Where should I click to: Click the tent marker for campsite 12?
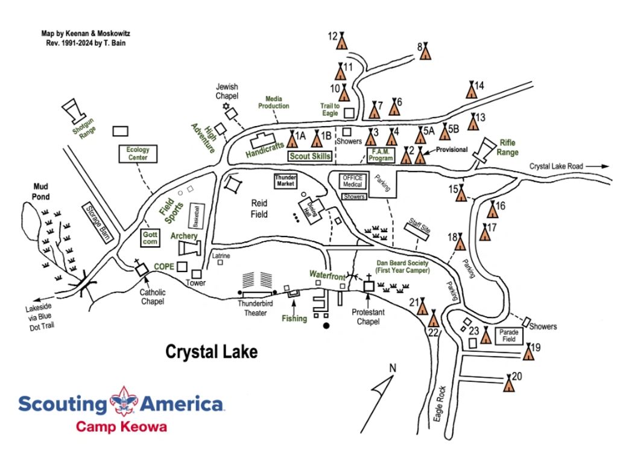click(342, 40)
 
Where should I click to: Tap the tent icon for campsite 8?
click(425, 51)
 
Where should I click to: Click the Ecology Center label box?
click(138, 153)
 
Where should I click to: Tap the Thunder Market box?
click(286, 181)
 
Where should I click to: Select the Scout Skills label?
click(310, 156)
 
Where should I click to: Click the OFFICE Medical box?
click(353, 181)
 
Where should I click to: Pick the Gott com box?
click(150, 238)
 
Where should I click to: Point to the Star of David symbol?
click(226, 106)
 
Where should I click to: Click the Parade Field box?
click(509, 335)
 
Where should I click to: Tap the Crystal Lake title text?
click(211, 351)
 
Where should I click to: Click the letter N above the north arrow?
click(392, 368)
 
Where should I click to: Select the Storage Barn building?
click(97, 223)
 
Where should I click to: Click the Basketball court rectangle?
click(197, 215)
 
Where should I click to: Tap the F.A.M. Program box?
click(381, 154)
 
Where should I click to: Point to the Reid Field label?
click(259, 209)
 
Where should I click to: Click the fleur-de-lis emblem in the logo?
click(124, 401)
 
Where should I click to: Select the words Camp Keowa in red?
click(122, 427)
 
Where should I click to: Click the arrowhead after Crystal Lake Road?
click(605, 167)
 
